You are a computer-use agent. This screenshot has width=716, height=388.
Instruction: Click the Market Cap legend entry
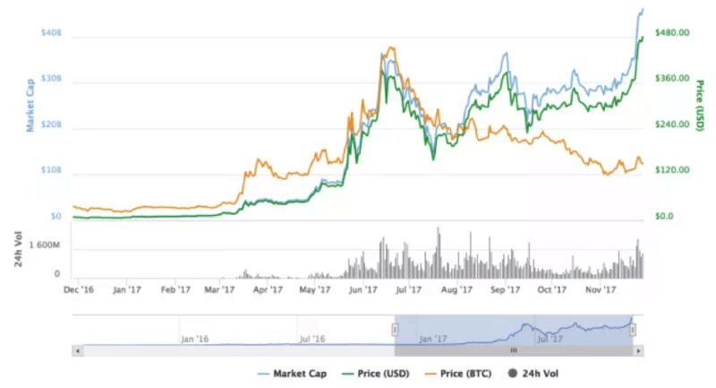coord(293,372)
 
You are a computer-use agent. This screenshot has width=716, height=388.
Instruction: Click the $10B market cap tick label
coord(51,170)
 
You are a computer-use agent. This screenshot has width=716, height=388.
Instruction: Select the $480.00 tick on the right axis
coord(671,33)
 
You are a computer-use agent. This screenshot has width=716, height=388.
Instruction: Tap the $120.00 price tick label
coord(671,170)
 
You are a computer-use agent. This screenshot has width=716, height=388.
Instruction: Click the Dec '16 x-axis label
coord(79,289)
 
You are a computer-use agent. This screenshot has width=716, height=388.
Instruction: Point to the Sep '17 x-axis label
coord(506,289)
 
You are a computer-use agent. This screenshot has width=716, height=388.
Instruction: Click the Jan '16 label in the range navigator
coord(194,340)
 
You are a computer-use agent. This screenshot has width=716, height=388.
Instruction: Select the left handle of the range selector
coord(394,331)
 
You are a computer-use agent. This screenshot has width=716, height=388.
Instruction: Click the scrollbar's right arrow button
coord(638,350)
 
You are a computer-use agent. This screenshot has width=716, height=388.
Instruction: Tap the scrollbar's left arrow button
coord(78,350)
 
